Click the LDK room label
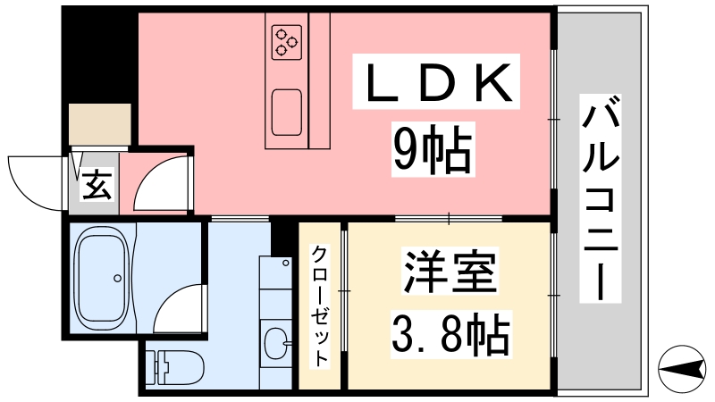[x=436, y=81]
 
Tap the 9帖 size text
[x=433, y=149]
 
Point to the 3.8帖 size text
[x=450, y=334]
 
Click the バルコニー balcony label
[x=601, y=198]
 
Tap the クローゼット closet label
[x=319, y=306]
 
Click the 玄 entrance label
[x=97, y=185]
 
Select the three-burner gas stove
[x=287, y=42]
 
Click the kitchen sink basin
[x=287, y=113]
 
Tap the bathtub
[x=103, y=280]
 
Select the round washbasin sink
[x=276, y=342]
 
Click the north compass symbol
[x=682, y=368]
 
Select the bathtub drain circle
[x=118, y=278]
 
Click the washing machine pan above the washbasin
[x=275, y=272]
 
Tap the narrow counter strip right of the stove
[x=319, y=80]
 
